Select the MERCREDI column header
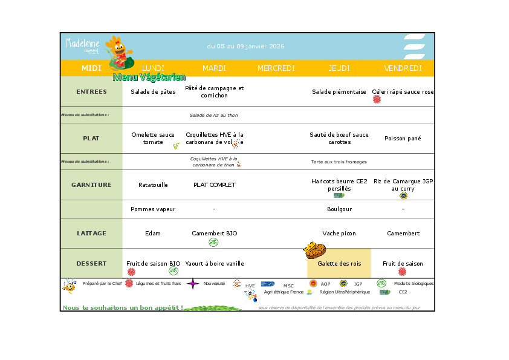pyautogui.click(x=276, y=68)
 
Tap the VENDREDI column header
pyautogui.click(x=403, y=68)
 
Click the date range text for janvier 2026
pyautogui.click(x=245, y=47)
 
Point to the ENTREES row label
pyautogui.click(x=91, y=92)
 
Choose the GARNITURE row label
pyautogui.click(x=91, y=185)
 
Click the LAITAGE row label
pyautogui.click(x=91, y=234)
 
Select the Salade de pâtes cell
pyautogui.click(x=153, y=92)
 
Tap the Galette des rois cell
pyautogui.click(x=339, y=264)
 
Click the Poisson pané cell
pyautogui.click(x=403, y=139)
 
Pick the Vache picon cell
pyautogui.click(x=339, y=234)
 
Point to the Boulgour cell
pyautogui.click(x=339, y=209)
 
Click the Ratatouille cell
pyautogui.click(x=153, y=185)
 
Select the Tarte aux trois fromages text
pyautogui.click(x=339, y=162)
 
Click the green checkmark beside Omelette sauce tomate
pyautogui.click(x=176, y=146)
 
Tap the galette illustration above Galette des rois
pyautogui.click(x=315, y=250)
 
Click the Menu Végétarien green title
pyautogui.click(x=149, y=77)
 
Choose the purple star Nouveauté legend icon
pyautogui.click(x=193, y=283)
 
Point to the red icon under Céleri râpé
pyautogui.click(x=377, y=99)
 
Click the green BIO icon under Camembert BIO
pyautogui.click(x=213, y=242)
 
